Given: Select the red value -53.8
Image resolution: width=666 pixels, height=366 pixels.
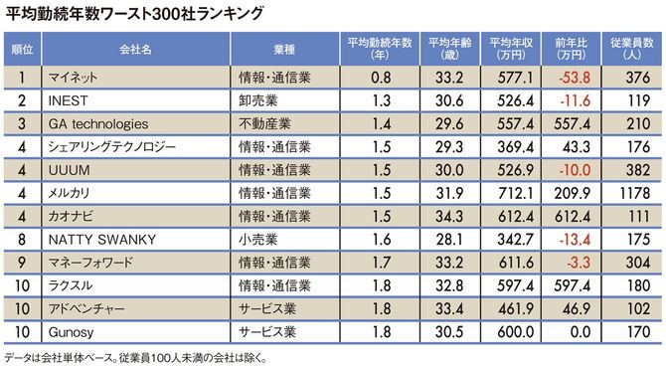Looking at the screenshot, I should coord(576,77).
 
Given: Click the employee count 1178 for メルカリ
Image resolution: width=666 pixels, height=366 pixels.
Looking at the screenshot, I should coord(635,194).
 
